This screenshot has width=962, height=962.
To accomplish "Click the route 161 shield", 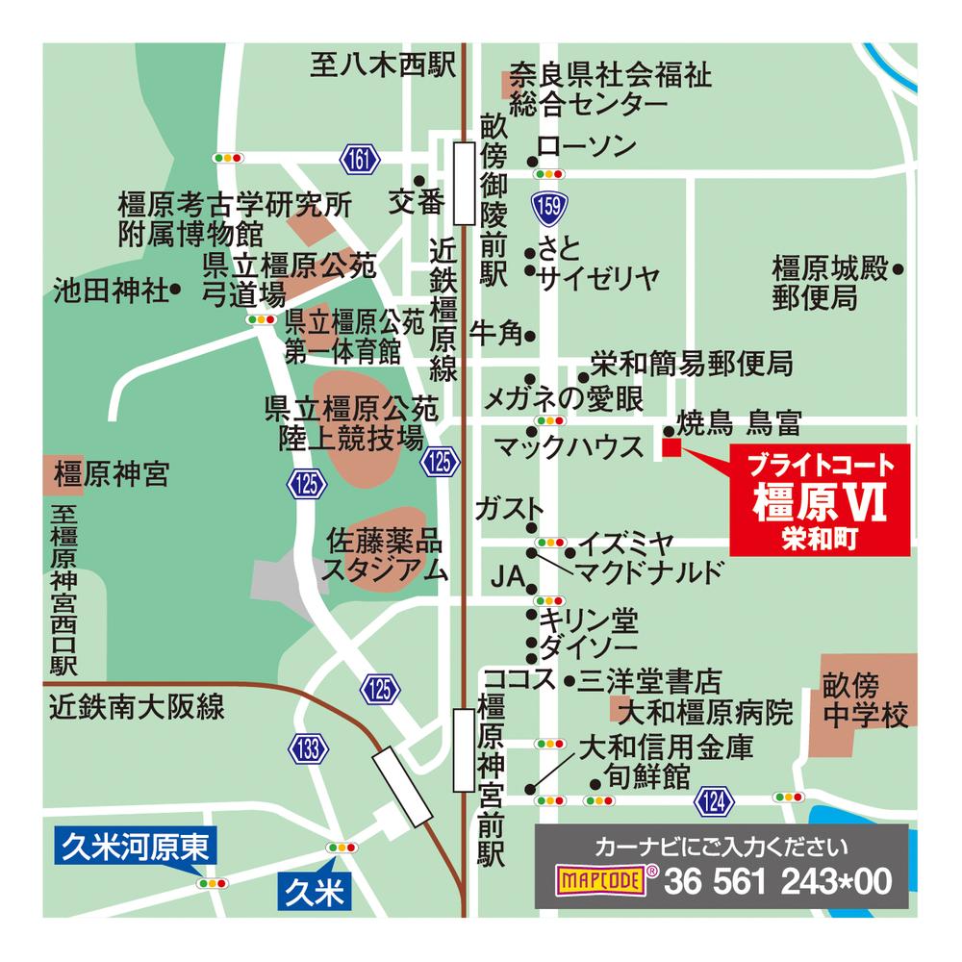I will pyautogui.click(x=359, y=159).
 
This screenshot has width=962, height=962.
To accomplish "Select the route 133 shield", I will pyautogui.click(x=308, y=749).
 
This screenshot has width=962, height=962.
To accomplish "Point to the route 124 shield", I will pyautogui.click(x=713, y=797).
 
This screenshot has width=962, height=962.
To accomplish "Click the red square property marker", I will pyautogui.click(x=671, y=447).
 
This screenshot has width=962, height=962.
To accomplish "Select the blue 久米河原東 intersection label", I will pyautogui.click(x=136, y=847).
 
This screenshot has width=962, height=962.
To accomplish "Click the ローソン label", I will pyautogui.click(x=587, y=146).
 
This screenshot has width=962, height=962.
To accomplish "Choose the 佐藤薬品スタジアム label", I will pyautogui.click(x=387, y=552).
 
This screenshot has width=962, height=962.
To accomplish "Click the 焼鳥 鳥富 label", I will pyautogui.click(x=739, y=422).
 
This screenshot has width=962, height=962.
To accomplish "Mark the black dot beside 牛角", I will pyautogui.click(x=530, y=335).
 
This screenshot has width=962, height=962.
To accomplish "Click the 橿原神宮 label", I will pyautogui.click(x=112, y=474).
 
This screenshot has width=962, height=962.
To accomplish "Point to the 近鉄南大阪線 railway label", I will pyautogui.click(x=138, y=709).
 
